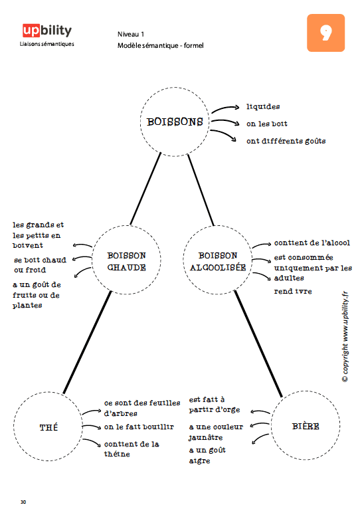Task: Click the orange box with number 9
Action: [x=325, y=33]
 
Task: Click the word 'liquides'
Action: [x=263, y=106]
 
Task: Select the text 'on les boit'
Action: [x=267, y=124]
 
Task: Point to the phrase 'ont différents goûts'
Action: [x=286, y=141]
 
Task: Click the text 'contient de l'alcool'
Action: [x=312, y=243]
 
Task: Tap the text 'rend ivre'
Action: [x=293, y=291]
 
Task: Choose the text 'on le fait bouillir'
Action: [x=139, y=427]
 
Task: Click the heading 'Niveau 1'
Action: [x=131, y=34]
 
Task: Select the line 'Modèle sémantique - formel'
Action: [x=161, y=46]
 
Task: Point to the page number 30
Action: [x=23, y=502]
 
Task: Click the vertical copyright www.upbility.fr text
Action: [x=345, y=337]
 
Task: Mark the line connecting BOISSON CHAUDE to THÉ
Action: [x=87, y=342]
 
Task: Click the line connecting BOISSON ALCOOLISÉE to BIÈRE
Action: [x=258, y=344]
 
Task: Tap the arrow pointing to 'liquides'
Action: [x=225, y=108]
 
